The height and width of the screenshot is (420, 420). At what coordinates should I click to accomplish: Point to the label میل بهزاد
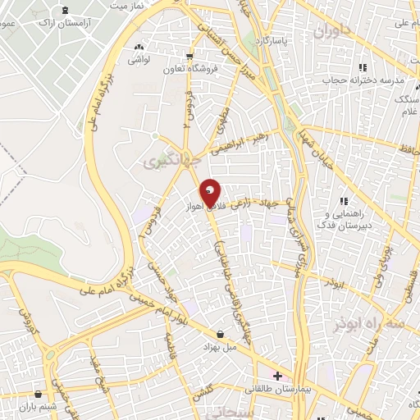click(219, 348)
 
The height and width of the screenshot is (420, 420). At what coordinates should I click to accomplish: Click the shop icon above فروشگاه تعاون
click(191, 57)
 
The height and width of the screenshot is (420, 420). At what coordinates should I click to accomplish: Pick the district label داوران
click(331, 33)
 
